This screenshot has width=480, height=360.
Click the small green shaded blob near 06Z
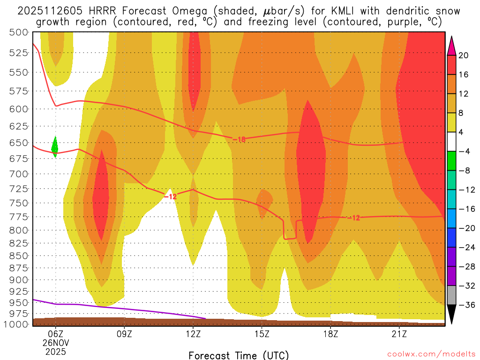pyautogui.click(x=54, y=147)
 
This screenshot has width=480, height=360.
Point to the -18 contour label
pyautogui.click(x=239, y=139)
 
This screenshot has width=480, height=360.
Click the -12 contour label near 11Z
pyautogui.click(x=170, y=196)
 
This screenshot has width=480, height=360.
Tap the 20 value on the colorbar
pyautogui.click(x=464, y=55)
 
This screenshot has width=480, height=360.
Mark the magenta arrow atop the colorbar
pyautogui.click(x=452, y=45)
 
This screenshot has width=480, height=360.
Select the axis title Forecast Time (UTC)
pyautogui.click(x=239, y=355)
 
